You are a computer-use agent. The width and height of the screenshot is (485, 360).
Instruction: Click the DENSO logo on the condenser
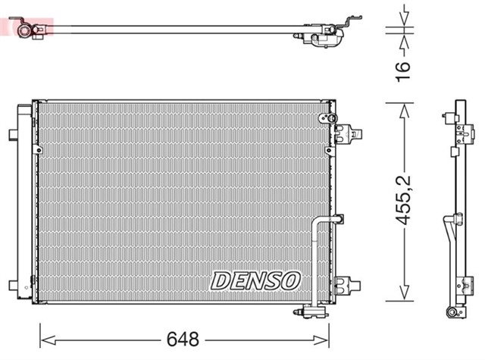click(255, 280)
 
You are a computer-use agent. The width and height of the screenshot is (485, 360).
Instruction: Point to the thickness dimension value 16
click(404, 66)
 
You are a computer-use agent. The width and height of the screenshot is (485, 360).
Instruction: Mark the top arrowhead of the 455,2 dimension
click(405, 107)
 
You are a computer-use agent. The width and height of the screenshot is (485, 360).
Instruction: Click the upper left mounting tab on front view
click(13, 135)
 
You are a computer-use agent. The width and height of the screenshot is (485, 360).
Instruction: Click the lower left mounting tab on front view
click(13, 285)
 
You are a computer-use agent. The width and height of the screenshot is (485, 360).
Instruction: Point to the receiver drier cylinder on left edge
click(23, 205)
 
